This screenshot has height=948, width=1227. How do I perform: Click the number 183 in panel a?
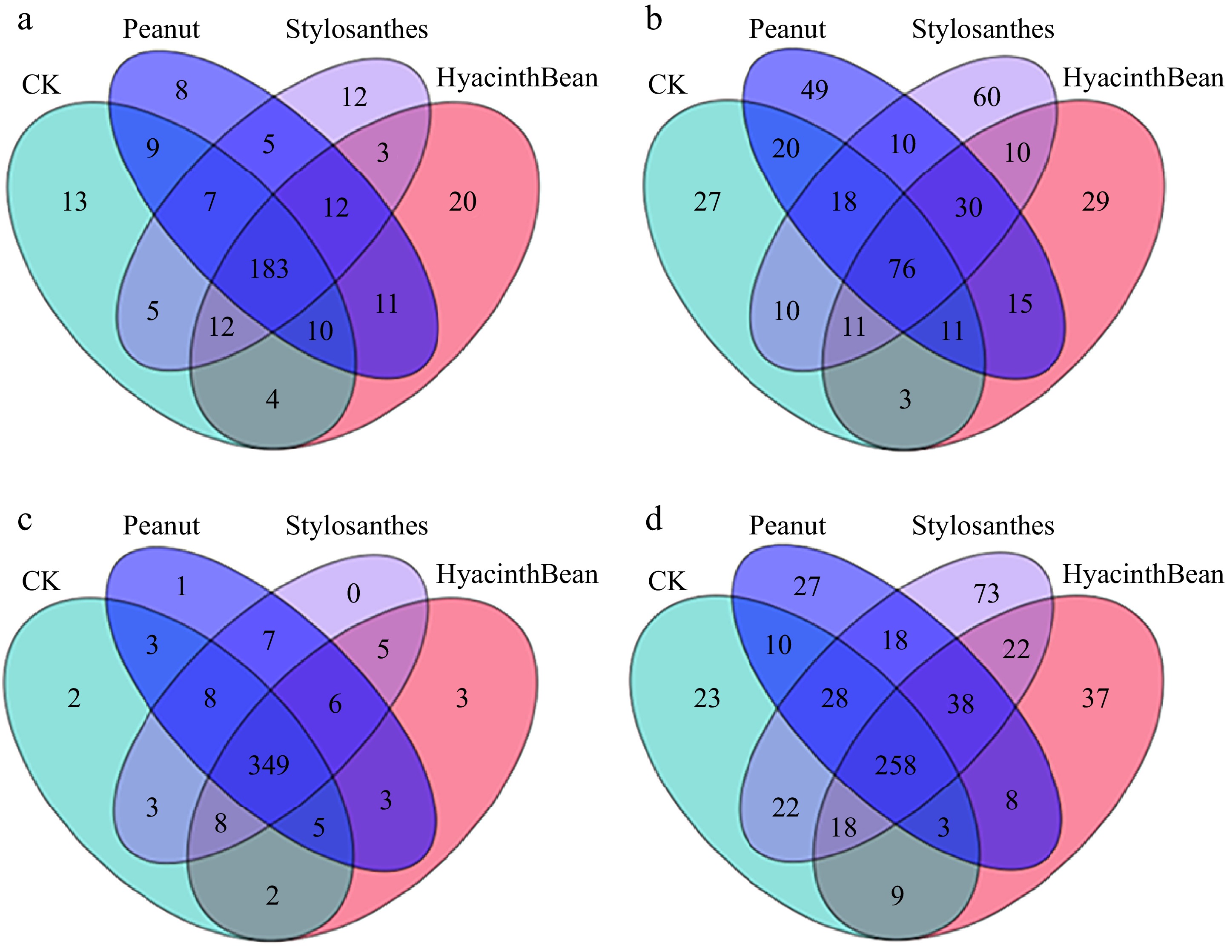(269, 269)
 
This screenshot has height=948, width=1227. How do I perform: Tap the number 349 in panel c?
(269, 765)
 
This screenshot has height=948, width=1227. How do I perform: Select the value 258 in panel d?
(895, 765)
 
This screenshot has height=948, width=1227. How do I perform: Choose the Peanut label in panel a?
(161, 29)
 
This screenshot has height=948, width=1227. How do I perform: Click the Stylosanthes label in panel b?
(983, 29)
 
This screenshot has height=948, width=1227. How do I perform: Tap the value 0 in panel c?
(353, 594)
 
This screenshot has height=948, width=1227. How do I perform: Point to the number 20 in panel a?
(462, 202)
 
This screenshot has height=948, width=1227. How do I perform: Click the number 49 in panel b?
(814, 90)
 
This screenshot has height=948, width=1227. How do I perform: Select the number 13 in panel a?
(75, 202)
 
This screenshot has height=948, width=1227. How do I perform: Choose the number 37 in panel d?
(1095, 699)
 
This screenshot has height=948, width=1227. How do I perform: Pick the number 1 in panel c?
(181, 587)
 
